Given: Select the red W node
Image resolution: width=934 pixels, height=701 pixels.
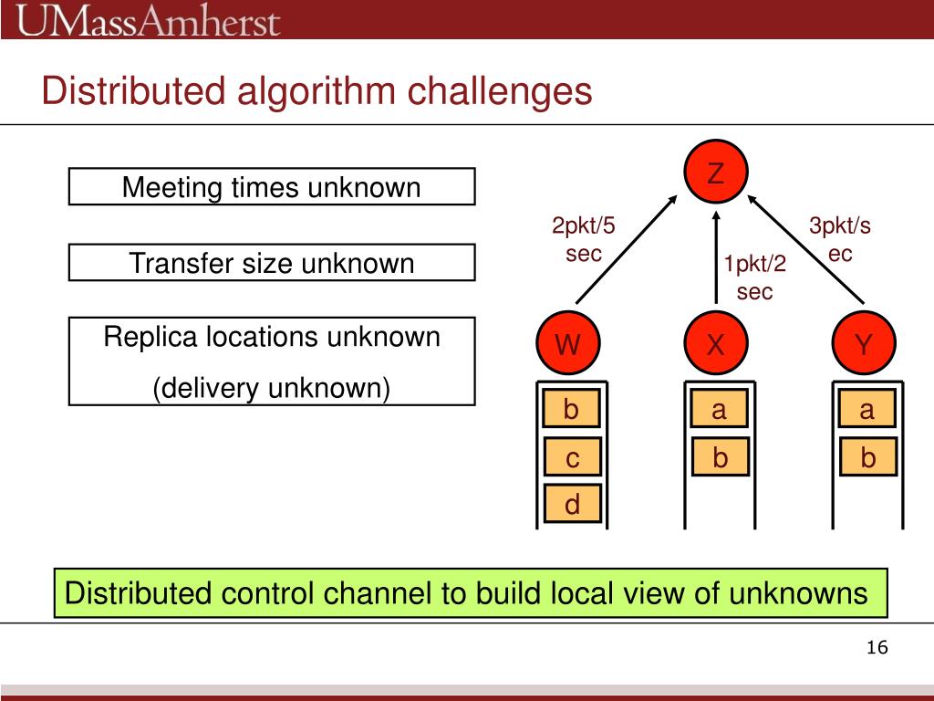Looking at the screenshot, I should pyautogui.click(x=568, y=345).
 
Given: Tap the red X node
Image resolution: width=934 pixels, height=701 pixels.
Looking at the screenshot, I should pyautogui.click(x=716, y=345).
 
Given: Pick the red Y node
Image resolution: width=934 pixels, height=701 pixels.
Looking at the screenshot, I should pyautogui.click(x=864, y=345).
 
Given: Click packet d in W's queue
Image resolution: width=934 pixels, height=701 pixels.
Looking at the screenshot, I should pyautogui.click(x=572, y=504).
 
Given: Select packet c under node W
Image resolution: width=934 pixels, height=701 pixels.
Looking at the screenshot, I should pyautogui.click(x=572, y=457).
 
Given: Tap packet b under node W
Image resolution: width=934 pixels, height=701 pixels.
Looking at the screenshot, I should pyautogui.click(x=572, y=410).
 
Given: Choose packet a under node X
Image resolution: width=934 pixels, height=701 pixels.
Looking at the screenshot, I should pyautogui.click(x=719, y=410).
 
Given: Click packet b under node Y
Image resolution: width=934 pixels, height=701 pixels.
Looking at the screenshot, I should pyautogui.click(x=867, y=457).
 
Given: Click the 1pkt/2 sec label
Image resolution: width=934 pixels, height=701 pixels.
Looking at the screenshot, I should pyautogui.click(x=754, y=277).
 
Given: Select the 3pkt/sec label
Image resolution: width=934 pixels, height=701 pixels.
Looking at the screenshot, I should pyautogui.click(x=840, y=239).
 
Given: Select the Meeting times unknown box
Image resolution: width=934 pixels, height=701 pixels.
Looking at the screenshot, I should pyautogui.click(x=272, y=187).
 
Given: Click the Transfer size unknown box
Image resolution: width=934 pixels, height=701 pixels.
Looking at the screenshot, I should pyautogui.click(x=272, y=263).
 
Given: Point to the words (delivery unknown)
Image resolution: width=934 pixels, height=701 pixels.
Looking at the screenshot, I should pyautogui.click(x=272, y=388).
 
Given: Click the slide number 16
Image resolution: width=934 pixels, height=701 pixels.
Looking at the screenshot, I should pyautogui.click(x=877, y=648).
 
